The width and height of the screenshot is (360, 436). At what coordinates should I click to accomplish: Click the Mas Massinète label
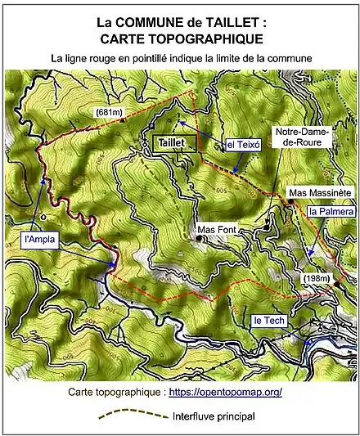(319, 193)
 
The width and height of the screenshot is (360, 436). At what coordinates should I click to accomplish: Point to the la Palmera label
(331, 211)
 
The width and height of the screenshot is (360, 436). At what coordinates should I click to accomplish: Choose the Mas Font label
(218, 231)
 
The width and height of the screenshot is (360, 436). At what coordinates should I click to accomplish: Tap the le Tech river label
(268, 320)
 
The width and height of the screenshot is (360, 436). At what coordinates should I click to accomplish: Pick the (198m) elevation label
(315, 279)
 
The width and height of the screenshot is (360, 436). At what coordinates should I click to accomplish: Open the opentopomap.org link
(225, 392)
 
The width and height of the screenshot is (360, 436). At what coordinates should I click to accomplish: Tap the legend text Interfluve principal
(214, 416)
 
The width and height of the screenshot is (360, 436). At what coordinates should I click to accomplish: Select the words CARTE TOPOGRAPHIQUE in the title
(181, 38)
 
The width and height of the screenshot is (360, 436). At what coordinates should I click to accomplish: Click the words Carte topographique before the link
(115, 392)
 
